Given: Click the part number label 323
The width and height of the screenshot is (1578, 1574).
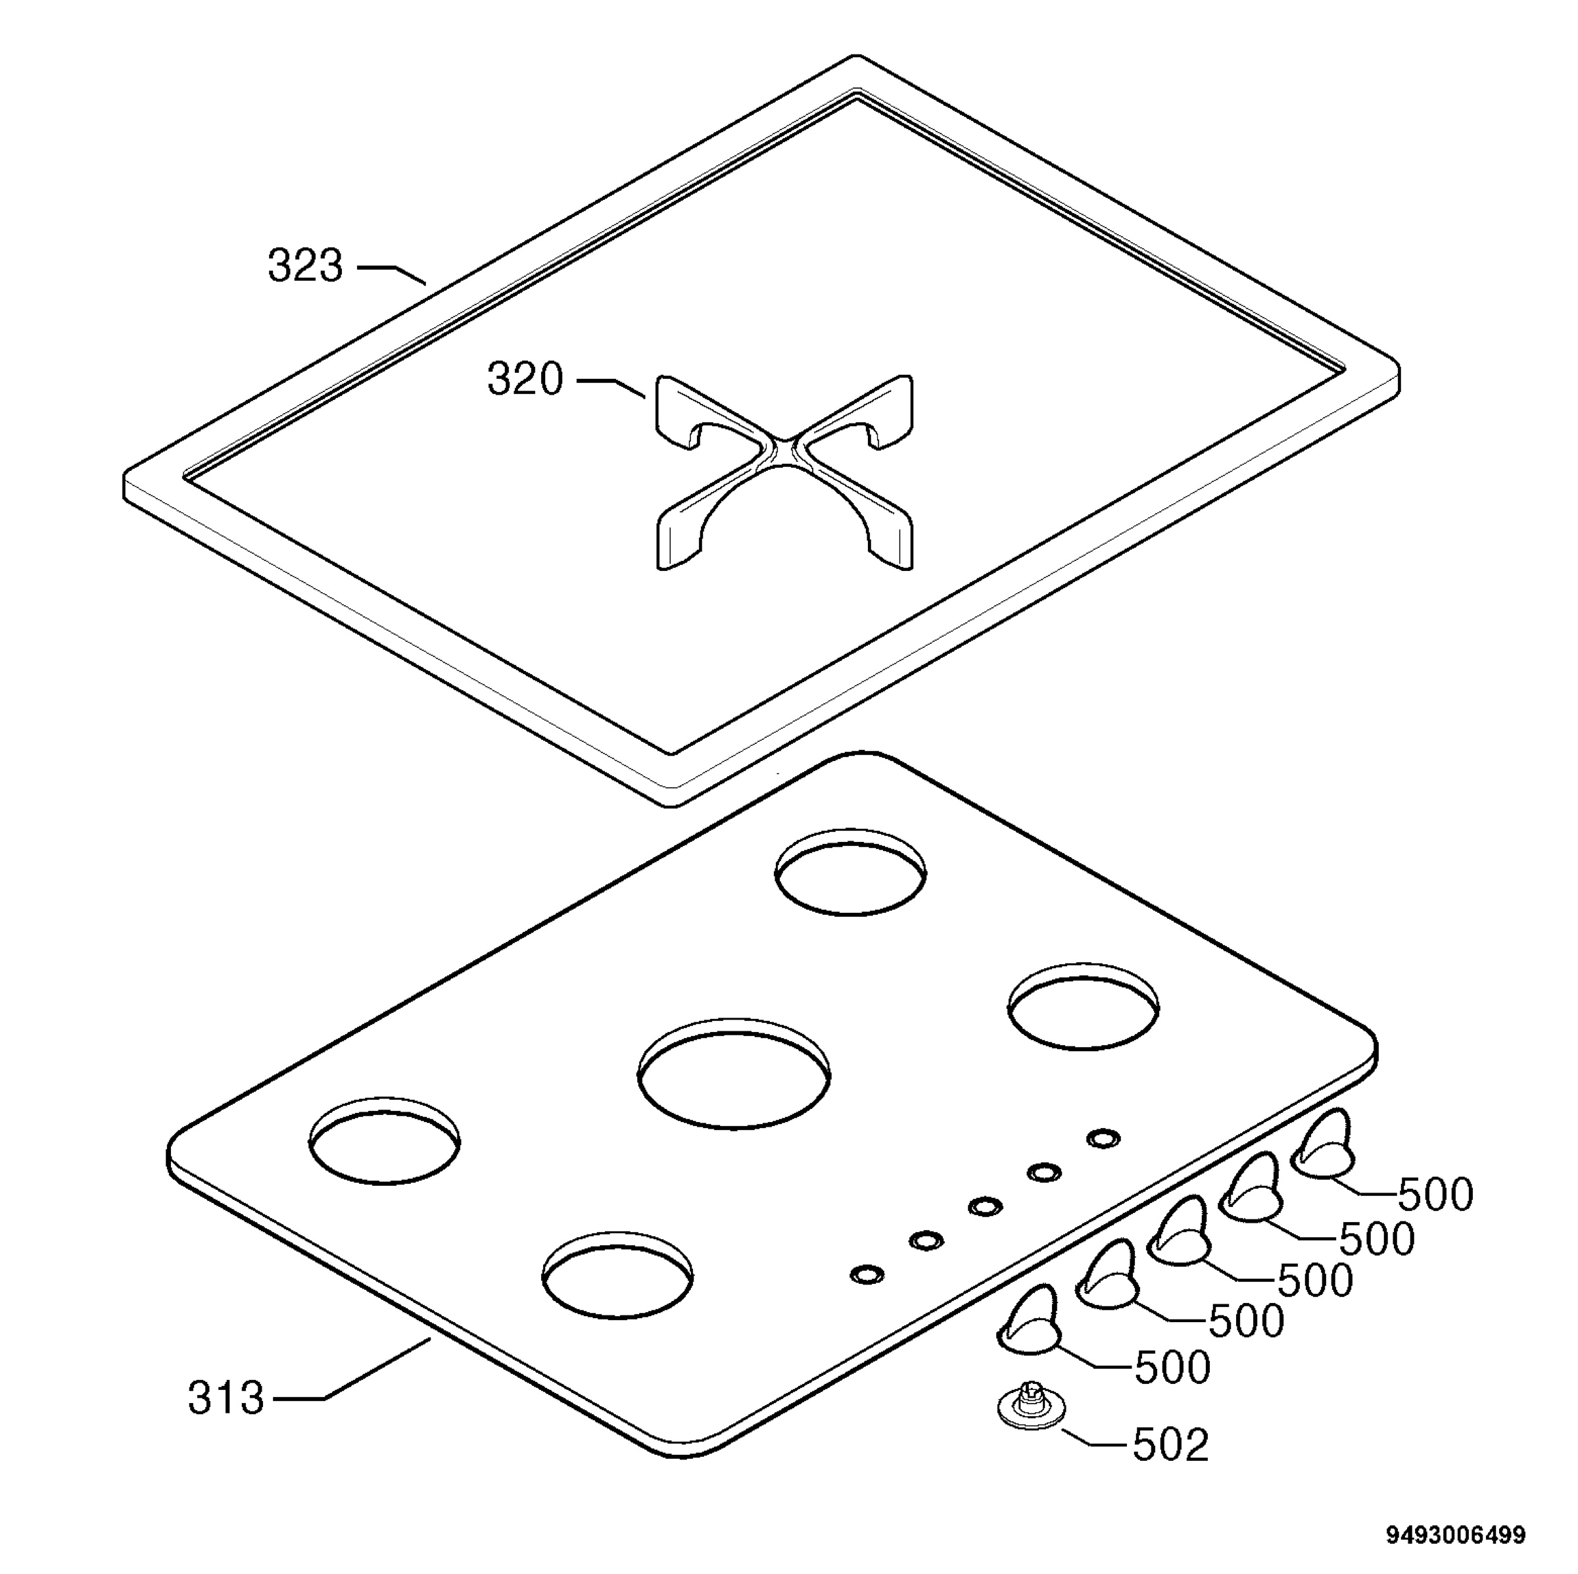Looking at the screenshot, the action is point(306,266).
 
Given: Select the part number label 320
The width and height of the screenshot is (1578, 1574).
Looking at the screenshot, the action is point(525,380).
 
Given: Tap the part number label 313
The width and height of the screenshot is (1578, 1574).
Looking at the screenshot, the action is point(226,1398).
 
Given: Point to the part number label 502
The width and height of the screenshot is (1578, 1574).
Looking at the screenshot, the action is point(1170,1445).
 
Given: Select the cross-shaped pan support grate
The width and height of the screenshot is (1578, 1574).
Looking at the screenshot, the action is point(785,472).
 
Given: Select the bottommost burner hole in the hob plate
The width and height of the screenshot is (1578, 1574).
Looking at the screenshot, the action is point(617,1273).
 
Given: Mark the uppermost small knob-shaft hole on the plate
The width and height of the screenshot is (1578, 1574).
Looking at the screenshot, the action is point(1103,1138).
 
